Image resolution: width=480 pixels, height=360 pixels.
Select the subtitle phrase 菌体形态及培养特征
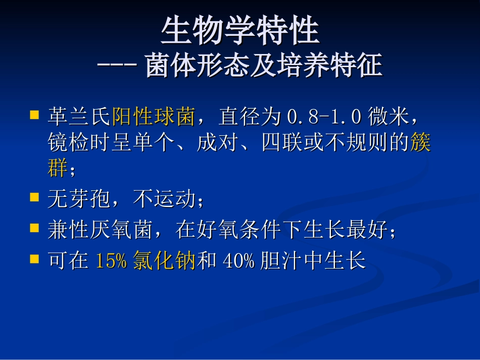(x=263, y=66)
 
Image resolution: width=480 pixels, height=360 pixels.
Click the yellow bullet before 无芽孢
(x=34, y=197)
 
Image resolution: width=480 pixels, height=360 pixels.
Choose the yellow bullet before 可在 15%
(x=34, y=259)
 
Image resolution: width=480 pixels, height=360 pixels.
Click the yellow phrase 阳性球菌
(x=153, y=117)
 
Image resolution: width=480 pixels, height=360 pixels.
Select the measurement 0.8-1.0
(x=324, y=117)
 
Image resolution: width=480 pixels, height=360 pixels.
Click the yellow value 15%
(x=111, y=262)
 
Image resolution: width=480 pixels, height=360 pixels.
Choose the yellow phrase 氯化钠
(x=164, y=262)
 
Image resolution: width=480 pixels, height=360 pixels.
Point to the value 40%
(x=238, y=262)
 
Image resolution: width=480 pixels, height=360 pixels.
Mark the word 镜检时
(x=78, y=143)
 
